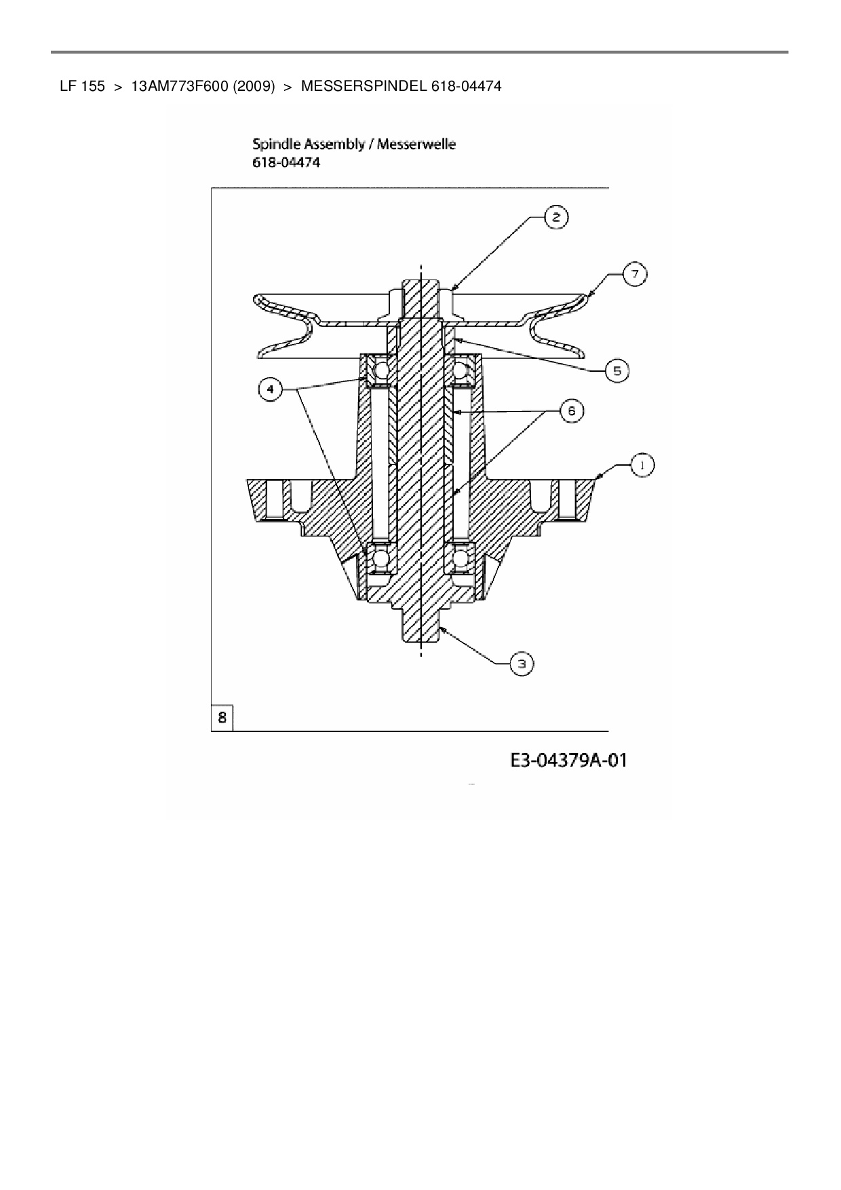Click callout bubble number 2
[x=556, y=217]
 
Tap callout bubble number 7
[x=635, y=275]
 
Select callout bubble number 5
[x=617, y=371]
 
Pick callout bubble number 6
[x=571, y=411]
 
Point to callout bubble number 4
[x=271, y=390]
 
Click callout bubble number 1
[x=642, y=465]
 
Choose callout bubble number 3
[x=522, y=664]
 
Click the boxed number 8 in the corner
[x=222, y=717]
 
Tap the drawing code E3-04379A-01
[x=568, y=761]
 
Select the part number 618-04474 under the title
[x=286, y=163]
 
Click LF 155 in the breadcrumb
[x=82, y=87]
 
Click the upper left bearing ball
[x=381, y=370]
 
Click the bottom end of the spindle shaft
[x=420, y=634]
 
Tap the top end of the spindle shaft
[x=420, y=284]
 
